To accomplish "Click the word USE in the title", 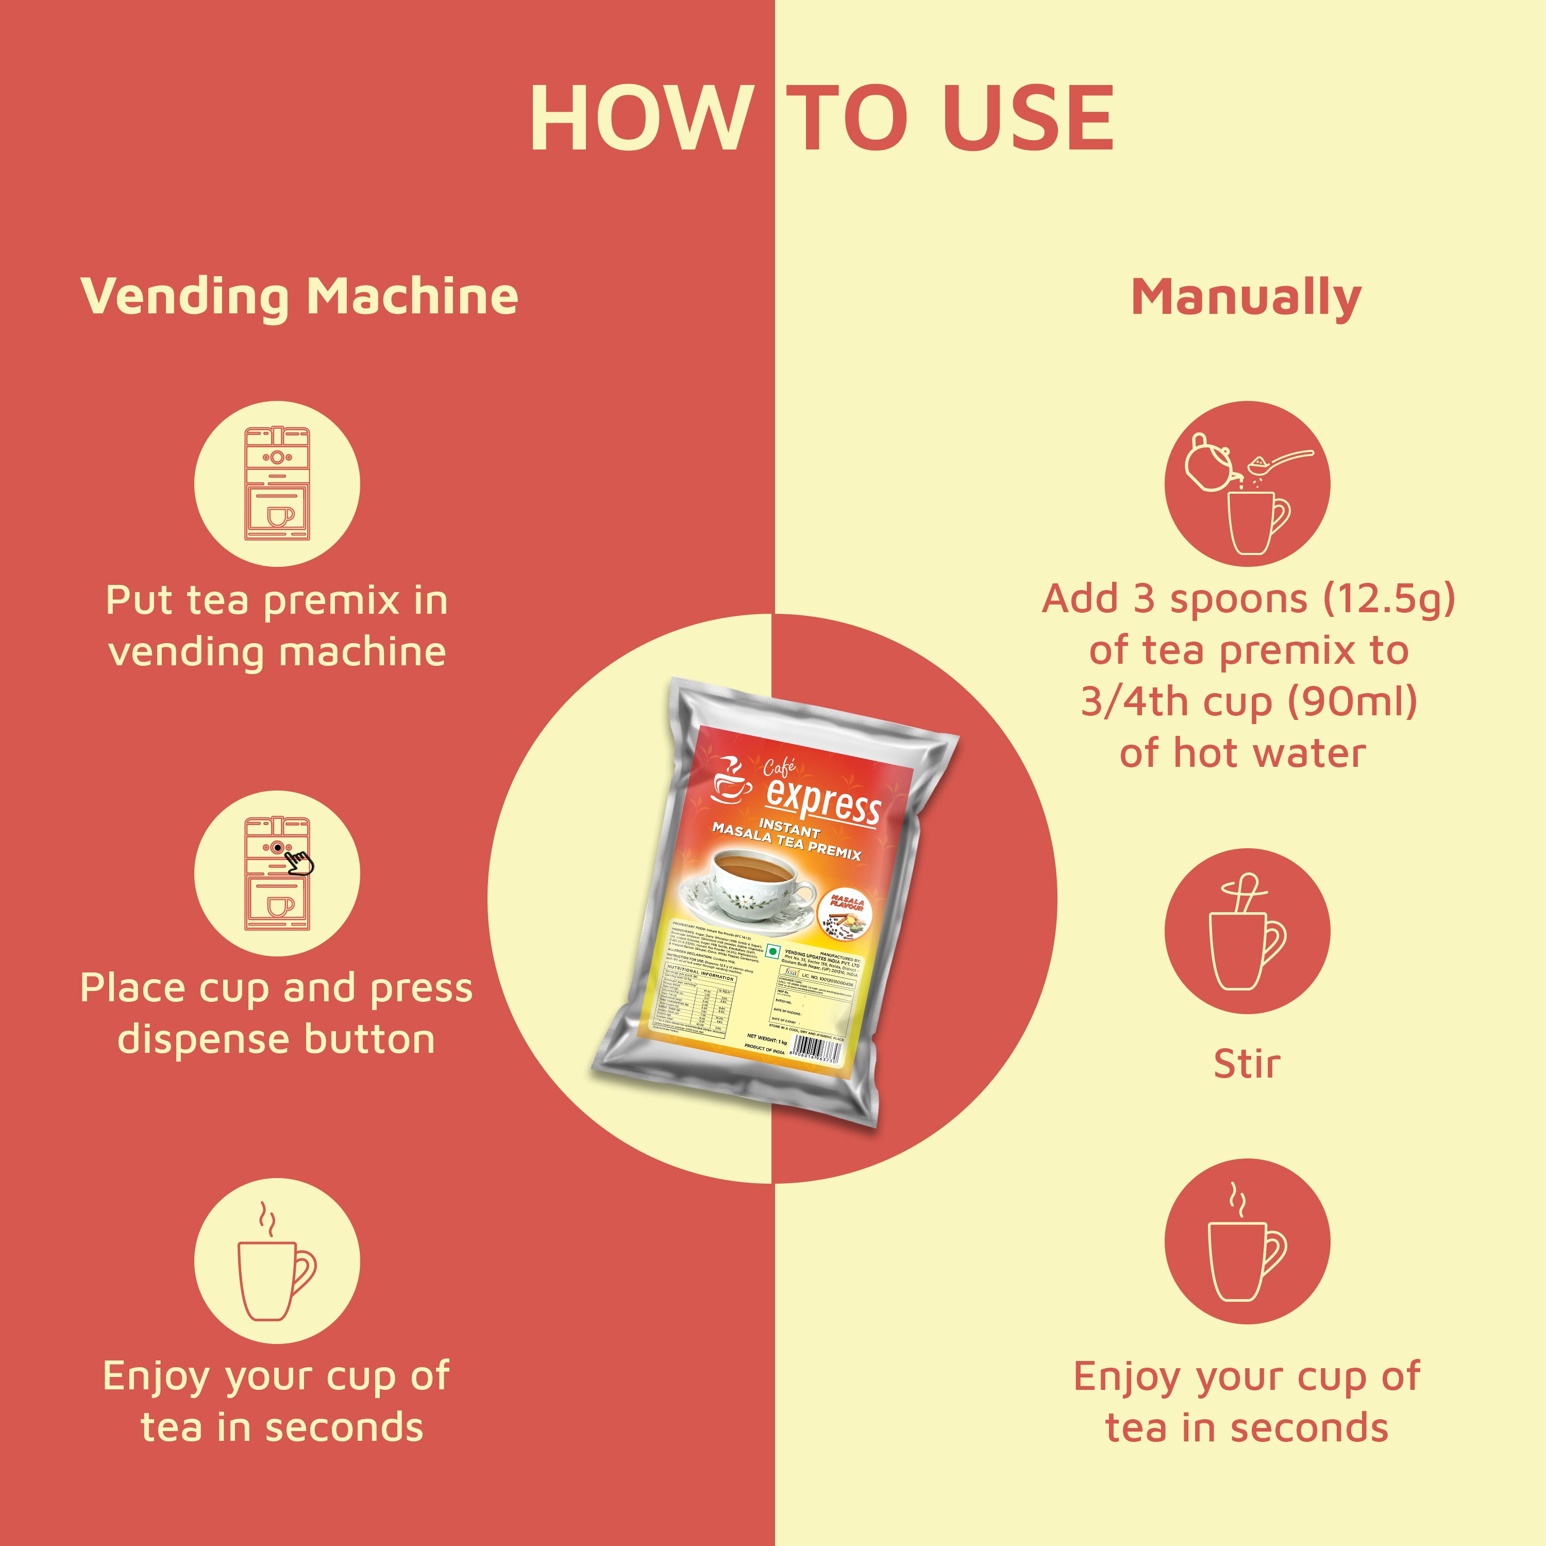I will pyautogui.click(x=1028, y=119).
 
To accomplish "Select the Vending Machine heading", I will pyautogui.click(x=299, y=296).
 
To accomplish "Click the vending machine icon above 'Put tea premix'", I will pyautogui.click(x=277, y=483).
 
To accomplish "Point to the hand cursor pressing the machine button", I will pyautogui.click(x=300, y=862).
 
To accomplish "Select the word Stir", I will pyautogui.click(x=1246, y=1064).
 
